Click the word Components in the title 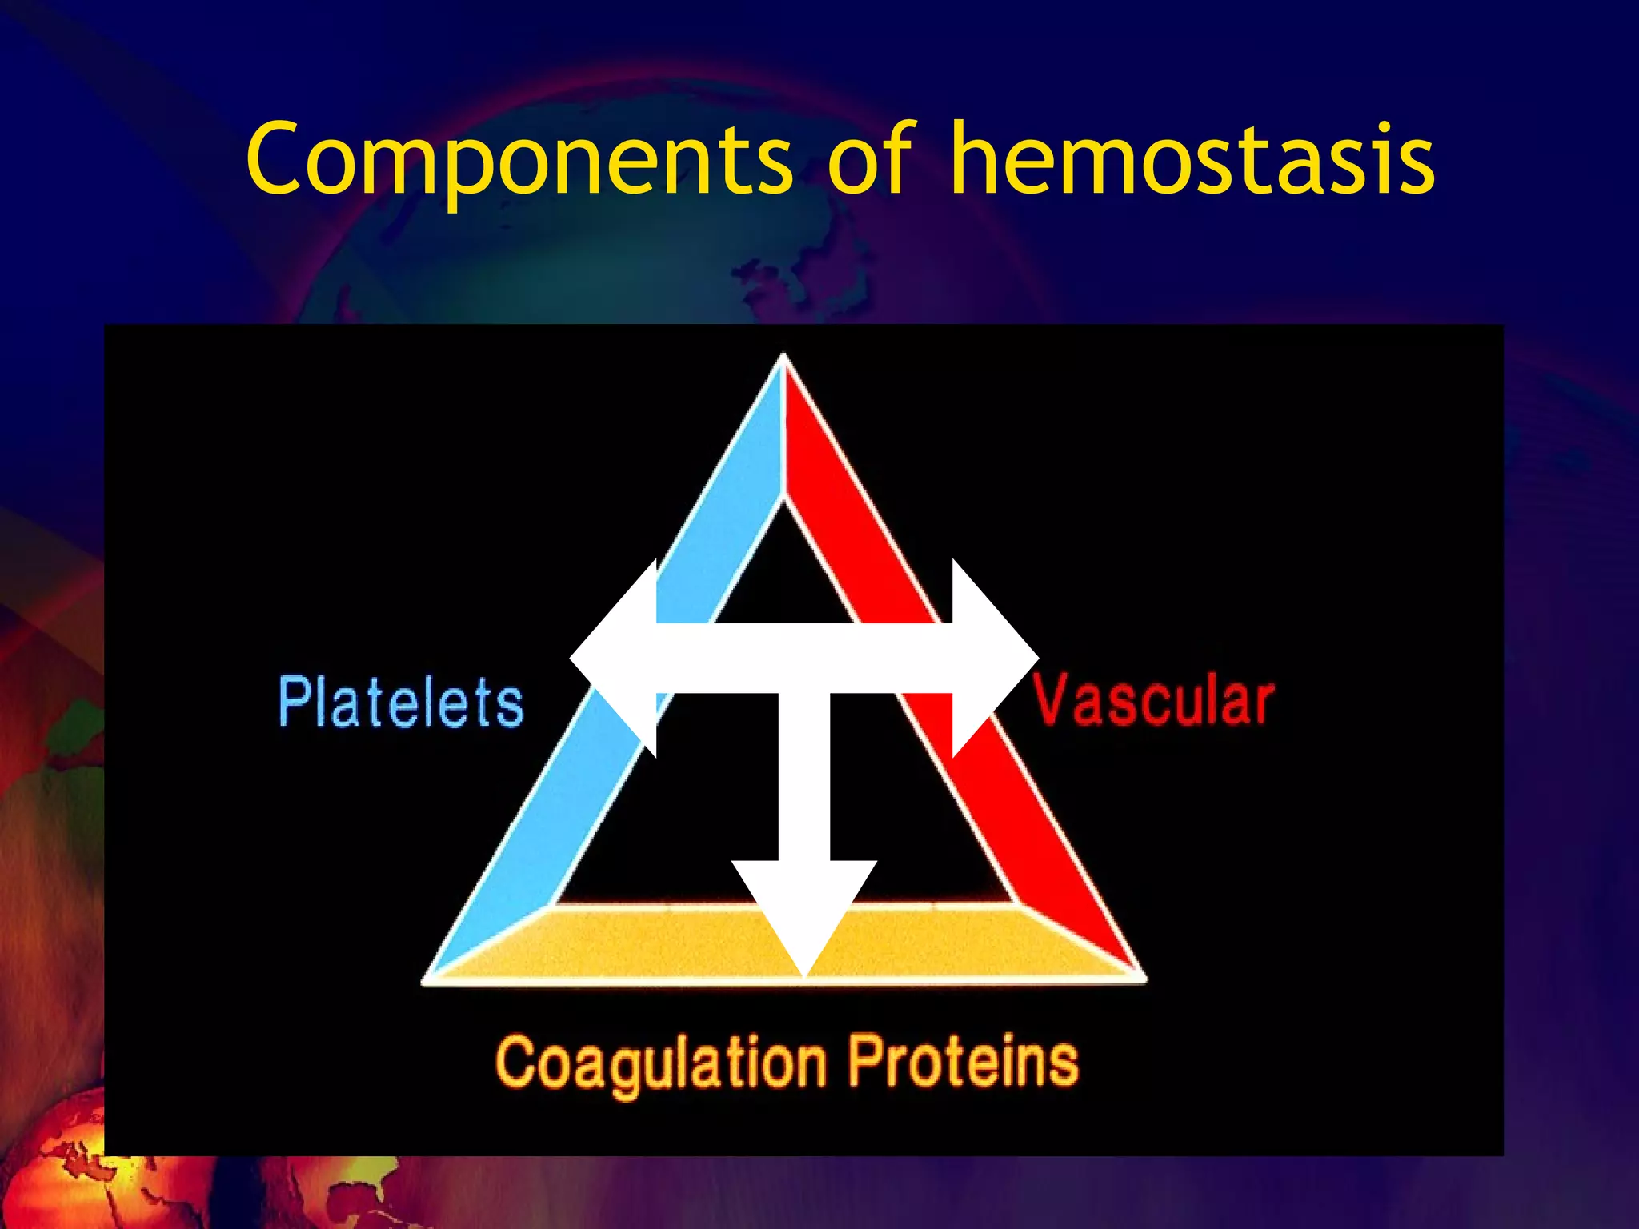click(x=520, y=160)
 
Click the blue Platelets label click(x=401, y=703)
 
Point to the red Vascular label click(x=1153, y=700)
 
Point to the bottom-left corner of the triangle click(x=428, y=979)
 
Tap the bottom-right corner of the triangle click(x=1141, y=977)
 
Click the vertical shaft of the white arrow click(x=804, y=776)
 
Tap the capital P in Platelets click(x=293, y=702)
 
